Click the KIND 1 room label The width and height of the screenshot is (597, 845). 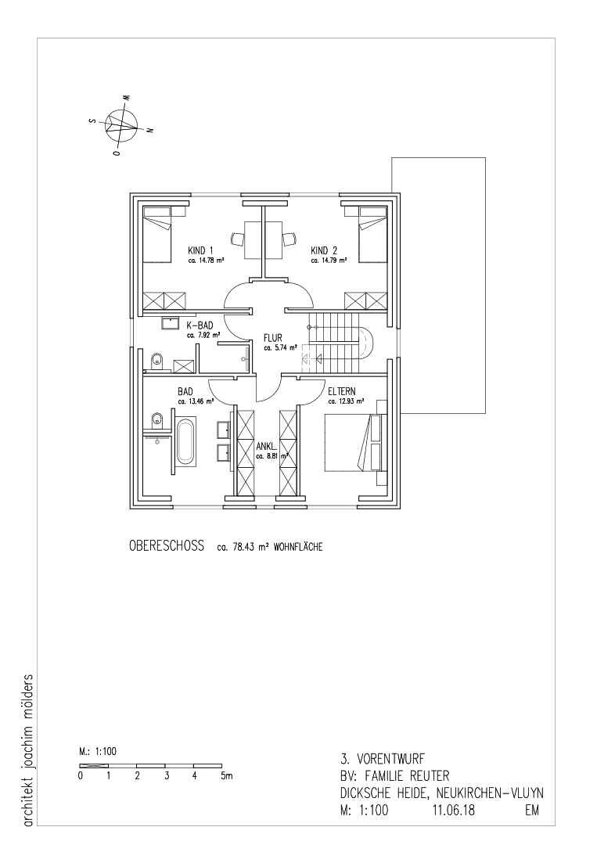click(x=200, y=250)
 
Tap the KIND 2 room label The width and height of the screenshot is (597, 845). click(x=324, y=250)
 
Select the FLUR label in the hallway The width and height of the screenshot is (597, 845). click(x=272, y=338)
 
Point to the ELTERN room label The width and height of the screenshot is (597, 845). click(x=342, y=392)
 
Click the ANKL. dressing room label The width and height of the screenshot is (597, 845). click(x=267, y=446)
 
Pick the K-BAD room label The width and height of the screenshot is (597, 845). click(x=200, y=325)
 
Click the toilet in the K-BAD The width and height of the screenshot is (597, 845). click(x=156, y=361)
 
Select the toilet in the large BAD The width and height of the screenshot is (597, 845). click(x=156, y=419)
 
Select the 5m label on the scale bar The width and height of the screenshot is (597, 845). click(x=226, y=776)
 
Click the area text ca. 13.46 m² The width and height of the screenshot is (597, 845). click(x=196, y=401)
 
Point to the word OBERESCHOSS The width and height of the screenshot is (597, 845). click(x=167, y=546)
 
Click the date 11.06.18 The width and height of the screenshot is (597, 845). click(x=453, y=810)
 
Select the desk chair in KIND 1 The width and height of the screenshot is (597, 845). click(x=238, y=238)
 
